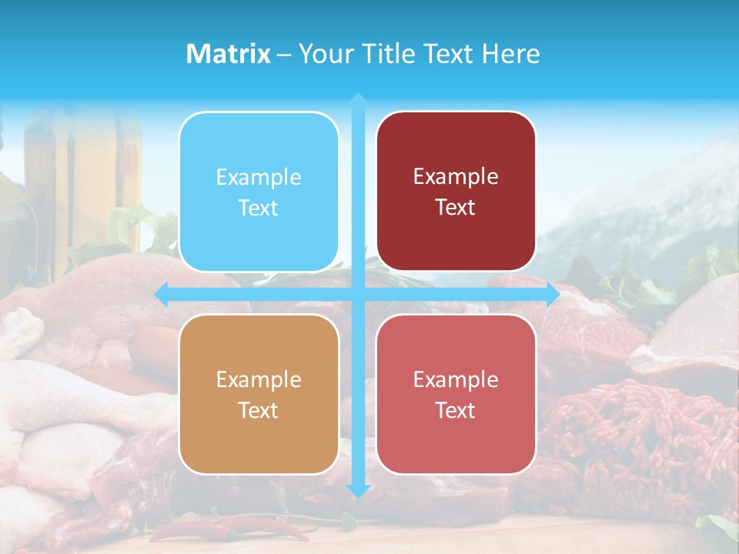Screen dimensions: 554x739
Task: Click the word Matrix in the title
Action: point(229,54)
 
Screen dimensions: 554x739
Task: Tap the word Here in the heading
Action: point(510,54)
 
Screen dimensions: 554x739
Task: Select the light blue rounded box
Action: point(259,192)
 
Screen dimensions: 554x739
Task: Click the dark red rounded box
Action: point(456,192)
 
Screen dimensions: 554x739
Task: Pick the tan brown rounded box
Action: point(259,394)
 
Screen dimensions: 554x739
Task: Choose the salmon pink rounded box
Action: point(456,394)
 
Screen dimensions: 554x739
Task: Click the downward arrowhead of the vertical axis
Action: point(358,490)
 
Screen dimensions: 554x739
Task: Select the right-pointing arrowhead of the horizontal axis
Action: point(552,294)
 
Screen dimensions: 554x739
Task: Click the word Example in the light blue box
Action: point(259,178)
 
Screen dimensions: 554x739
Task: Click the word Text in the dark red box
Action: point(456,207)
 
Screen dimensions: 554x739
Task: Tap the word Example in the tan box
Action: point(259,379)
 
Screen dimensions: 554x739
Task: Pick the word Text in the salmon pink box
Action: point(456,410)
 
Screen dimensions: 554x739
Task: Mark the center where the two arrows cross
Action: point(358,294)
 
